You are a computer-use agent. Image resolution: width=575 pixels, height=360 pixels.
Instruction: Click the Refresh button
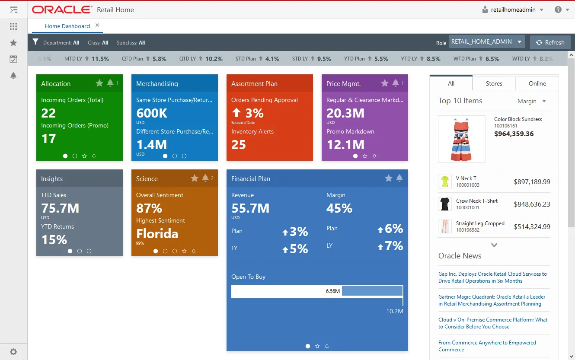coord(550,42)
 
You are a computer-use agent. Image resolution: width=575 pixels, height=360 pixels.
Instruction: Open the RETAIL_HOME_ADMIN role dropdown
coord(487,42)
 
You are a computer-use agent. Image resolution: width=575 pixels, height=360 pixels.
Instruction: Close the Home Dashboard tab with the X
coord(97,25)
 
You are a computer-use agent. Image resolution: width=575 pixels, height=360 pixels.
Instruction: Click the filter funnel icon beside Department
coord(36,42)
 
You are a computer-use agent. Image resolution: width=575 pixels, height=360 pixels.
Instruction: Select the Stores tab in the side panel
coord(494,83)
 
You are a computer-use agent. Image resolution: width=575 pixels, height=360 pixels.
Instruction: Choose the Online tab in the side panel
coord(537,83)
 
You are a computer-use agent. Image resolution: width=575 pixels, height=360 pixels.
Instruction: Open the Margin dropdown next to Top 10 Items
coord(532,101)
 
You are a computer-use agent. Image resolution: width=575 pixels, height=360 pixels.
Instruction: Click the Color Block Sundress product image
coord(461,139)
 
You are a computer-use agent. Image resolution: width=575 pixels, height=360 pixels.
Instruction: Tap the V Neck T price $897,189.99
coord(532,182)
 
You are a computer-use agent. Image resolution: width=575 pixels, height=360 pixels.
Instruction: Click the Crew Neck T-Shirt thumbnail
coord(444,204)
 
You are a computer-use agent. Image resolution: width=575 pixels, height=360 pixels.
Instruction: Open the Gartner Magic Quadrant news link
coord(492,300)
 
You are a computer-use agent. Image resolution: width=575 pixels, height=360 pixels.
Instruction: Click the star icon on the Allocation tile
coord(99,83)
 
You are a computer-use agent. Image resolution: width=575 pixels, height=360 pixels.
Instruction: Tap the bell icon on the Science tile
coord(205,178)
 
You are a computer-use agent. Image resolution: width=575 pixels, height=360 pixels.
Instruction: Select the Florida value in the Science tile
coord(157,234)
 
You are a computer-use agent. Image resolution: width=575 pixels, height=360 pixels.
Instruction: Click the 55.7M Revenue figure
coord(250,208)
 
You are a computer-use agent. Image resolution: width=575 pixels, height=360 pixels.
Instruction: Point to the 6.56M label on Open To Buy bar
coord(332,291)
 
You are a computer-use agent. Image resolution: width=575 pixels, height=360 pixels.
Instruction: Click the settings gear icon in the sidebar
coord(13,352)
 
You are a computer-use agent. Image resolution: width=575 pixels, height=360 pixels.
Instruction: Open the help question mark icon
coord(558,10)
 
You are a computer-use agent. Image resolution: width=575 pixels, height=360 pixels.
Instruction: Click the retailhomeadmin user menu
coord(513,10)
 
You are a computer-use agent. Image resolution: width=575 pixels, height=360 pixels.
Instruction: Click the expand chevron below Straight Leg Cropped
coord(494,245)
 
